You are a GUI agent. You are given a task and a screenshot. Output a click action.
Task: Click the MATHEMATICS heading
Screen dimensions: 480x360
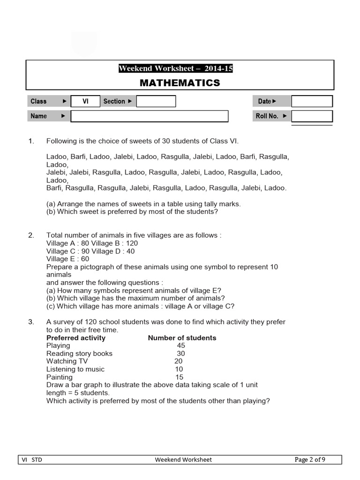point(180,83)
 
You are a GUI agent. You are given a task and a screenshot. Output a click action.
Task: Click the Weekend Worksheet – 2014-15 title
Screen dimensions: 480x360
point(176,69)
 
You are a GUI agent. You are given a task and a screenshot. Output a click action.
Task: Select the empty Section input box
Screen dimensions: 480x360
point(156,101)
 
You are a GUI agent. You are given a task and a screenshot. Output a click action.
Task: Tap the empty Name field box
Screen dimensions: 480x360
point(149,116)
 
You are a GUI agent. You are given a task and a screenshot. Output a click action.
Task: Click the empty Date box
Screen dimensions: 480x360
point(312,101)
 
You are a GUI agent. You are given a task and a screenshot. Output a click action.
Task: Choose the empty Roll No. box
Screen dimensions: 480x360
point(312,116)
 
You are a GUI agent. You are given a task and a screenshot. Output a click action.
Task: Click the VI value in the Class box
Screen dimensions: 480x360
point(85,101)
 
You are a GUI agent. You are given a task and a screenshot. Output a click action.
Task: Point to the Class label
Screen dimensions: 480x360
point(38,101)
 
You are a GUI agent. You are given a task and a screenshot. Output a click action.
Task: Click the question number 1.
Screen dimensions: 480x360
point(31,141)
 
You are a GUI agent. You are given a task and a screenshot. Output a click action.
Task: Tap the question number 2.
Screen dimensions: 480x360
point(31,235)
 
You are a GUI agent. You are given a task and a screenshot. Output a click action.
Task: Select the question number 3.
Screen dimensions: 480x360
point(31,322)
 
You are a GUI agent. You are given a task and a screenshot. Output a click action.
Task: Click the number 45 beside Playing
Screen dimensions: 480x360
point(180,345)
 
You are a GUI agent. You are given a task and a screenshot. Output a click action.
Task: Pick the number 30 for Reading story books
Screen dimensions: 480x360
point(180,353)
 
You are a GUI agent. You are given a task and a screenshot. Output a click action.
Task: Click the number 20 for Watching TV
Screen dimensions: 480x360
point(178,361)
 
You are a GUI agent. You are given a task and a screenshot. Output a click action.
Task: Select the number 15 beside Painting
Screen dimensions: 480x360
point(179,377)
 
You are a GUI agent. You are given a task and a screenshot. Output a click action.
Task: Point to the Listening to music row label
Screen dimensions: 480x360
point(75,369)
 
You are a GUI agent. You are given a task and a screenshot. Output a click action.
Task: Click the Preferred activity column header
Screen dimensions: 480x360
point(76,337)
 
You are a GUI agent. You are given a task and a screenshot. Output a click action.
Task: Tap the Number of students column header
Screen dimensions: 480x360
point(182,337)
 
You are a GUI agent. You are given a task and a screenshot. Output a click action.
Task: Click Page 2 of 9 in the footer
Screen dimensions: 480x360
point(310,460)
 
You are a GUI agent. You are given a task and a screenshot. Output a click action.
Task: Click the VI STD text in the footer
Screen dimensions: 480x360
point(32,460)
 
